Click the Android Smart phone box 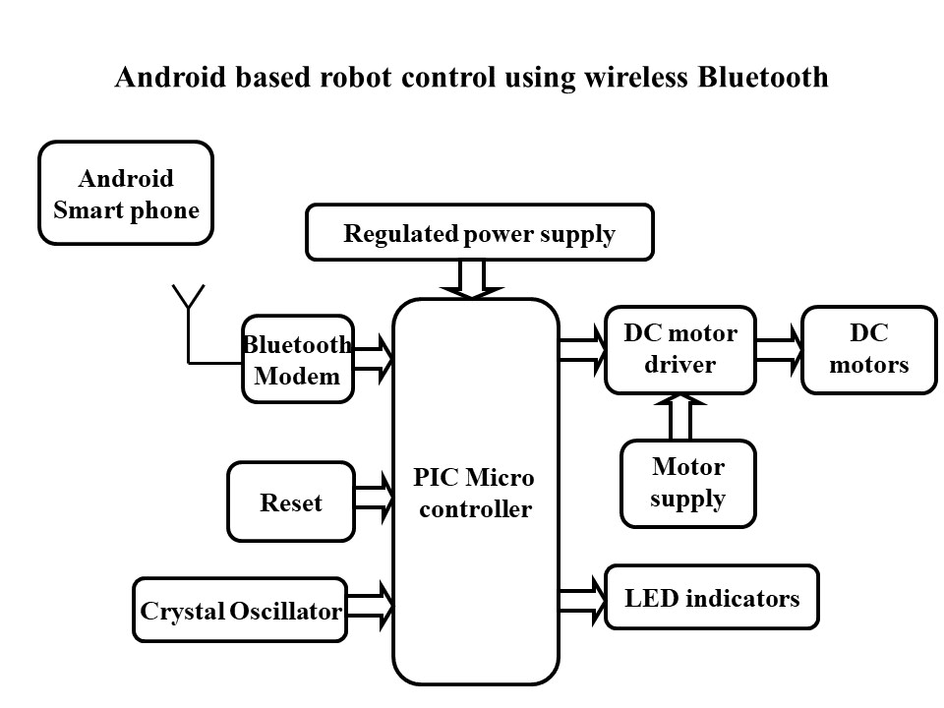[x=126, y=193]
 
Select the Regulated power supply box [x=479, y=233]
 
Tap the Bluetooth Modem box [x=297, y=359]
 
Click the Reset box [x=290, y=502]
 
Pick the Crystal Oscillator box [x=240, y=611]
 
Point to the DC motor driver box [x=679, y=349]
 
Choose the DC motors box [x=868, y=349]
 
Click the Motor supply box [x=687, y=483]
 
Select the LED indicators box [x=712, y=597]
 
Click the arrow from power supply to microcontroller [x=473, y=278]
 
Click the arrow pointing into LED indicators [x=582, y=597]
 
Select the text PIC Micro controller [x=474, y=494]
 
